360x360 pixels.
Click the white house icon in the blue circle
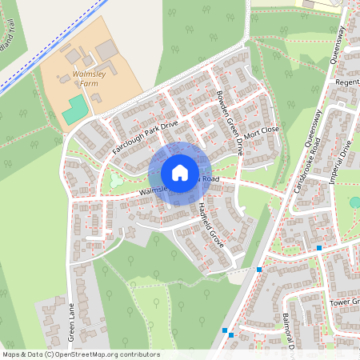(x=180, y=172)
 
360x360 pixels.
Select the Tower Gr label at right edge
(x=345, y=303)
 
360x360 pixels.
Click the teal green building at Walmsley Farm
(x=75, y=110)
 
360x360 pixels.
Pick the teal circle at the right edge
(x=355, y=202)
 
